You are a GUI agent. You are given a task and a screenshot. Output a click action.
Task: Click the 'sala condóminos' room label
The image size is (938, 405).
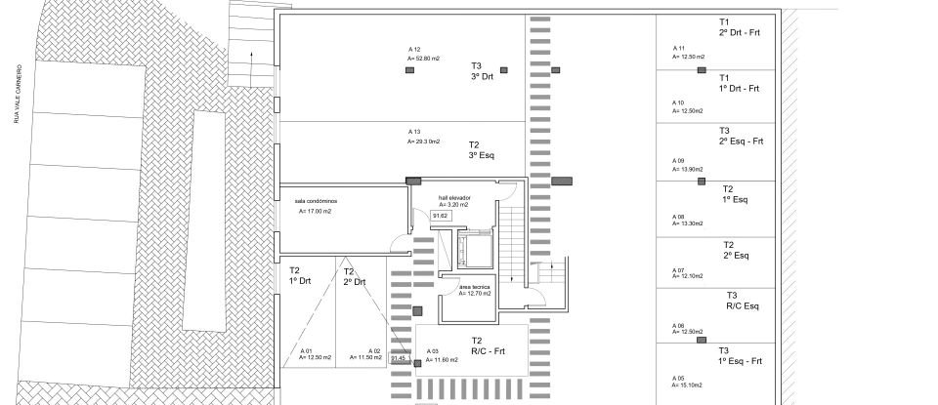tap(314, 201)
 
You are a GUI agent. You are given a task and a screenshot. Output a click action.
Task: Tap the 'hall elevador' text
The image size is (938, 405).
tap(453, 198)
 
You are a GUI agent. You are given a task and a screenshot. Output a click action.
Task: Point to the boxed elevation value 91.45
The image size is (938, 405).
tap(398, 358)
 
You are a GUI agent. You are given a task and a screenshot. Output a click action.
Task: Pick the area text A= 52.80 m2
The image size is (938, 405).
tap(423, 59)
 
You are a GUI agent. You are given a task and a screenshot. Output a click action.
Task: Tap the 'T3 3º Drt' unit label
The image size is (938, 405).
tap(477, 71)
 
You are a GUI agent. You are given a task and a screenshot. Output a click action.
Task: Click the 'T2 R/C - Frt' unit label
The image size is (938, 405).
tap(487, 345)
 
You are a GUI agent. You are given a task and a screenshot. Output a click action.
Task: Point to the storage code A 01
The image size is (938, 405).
tap(304, 350)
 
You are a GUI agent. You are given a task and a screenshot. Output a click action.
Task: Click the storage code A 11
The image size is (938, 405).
tap(679, 48)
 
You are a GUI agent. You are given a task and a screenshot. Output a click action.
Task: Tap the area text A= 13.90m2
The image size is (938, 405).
tap(687, 169)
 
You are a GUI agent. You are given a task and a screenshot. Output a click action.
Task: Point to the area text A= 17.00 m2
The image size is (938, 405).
tap(315, 212)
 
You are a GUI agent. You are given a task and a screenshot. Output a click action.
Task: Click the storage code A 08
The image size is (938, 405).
tap(679, 217)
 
